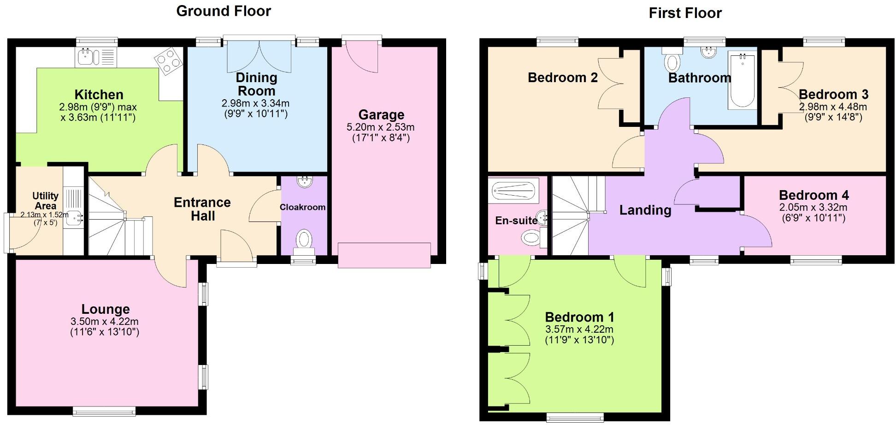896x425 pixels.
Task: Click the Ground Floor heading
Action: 224,11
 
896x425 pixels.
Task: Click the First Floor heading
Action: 685,13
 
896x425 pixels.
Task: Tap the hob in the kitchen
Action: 168,61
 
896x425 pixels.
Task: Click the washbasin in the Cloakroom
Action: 304,181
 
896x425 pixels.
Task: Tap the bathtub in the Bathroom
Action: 742,81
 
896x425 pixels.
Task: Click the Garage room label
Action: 381,115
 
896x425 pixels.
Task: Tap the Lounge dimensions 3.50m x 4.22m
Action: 105,322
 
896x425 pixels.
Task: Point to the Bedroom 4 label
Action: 814,195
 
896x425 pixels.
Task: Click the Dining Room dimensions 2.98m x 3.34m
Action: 255,103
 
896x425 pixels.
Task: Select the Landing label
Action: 645,210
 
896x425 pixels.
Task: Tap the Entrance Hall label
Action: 202,209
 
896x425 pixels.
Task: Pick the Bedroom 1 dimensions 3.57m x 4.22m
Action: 579,329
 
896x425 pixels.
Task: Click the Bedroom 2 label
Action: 563,78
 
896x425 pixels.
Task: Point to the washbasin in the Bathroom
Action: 708,52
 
